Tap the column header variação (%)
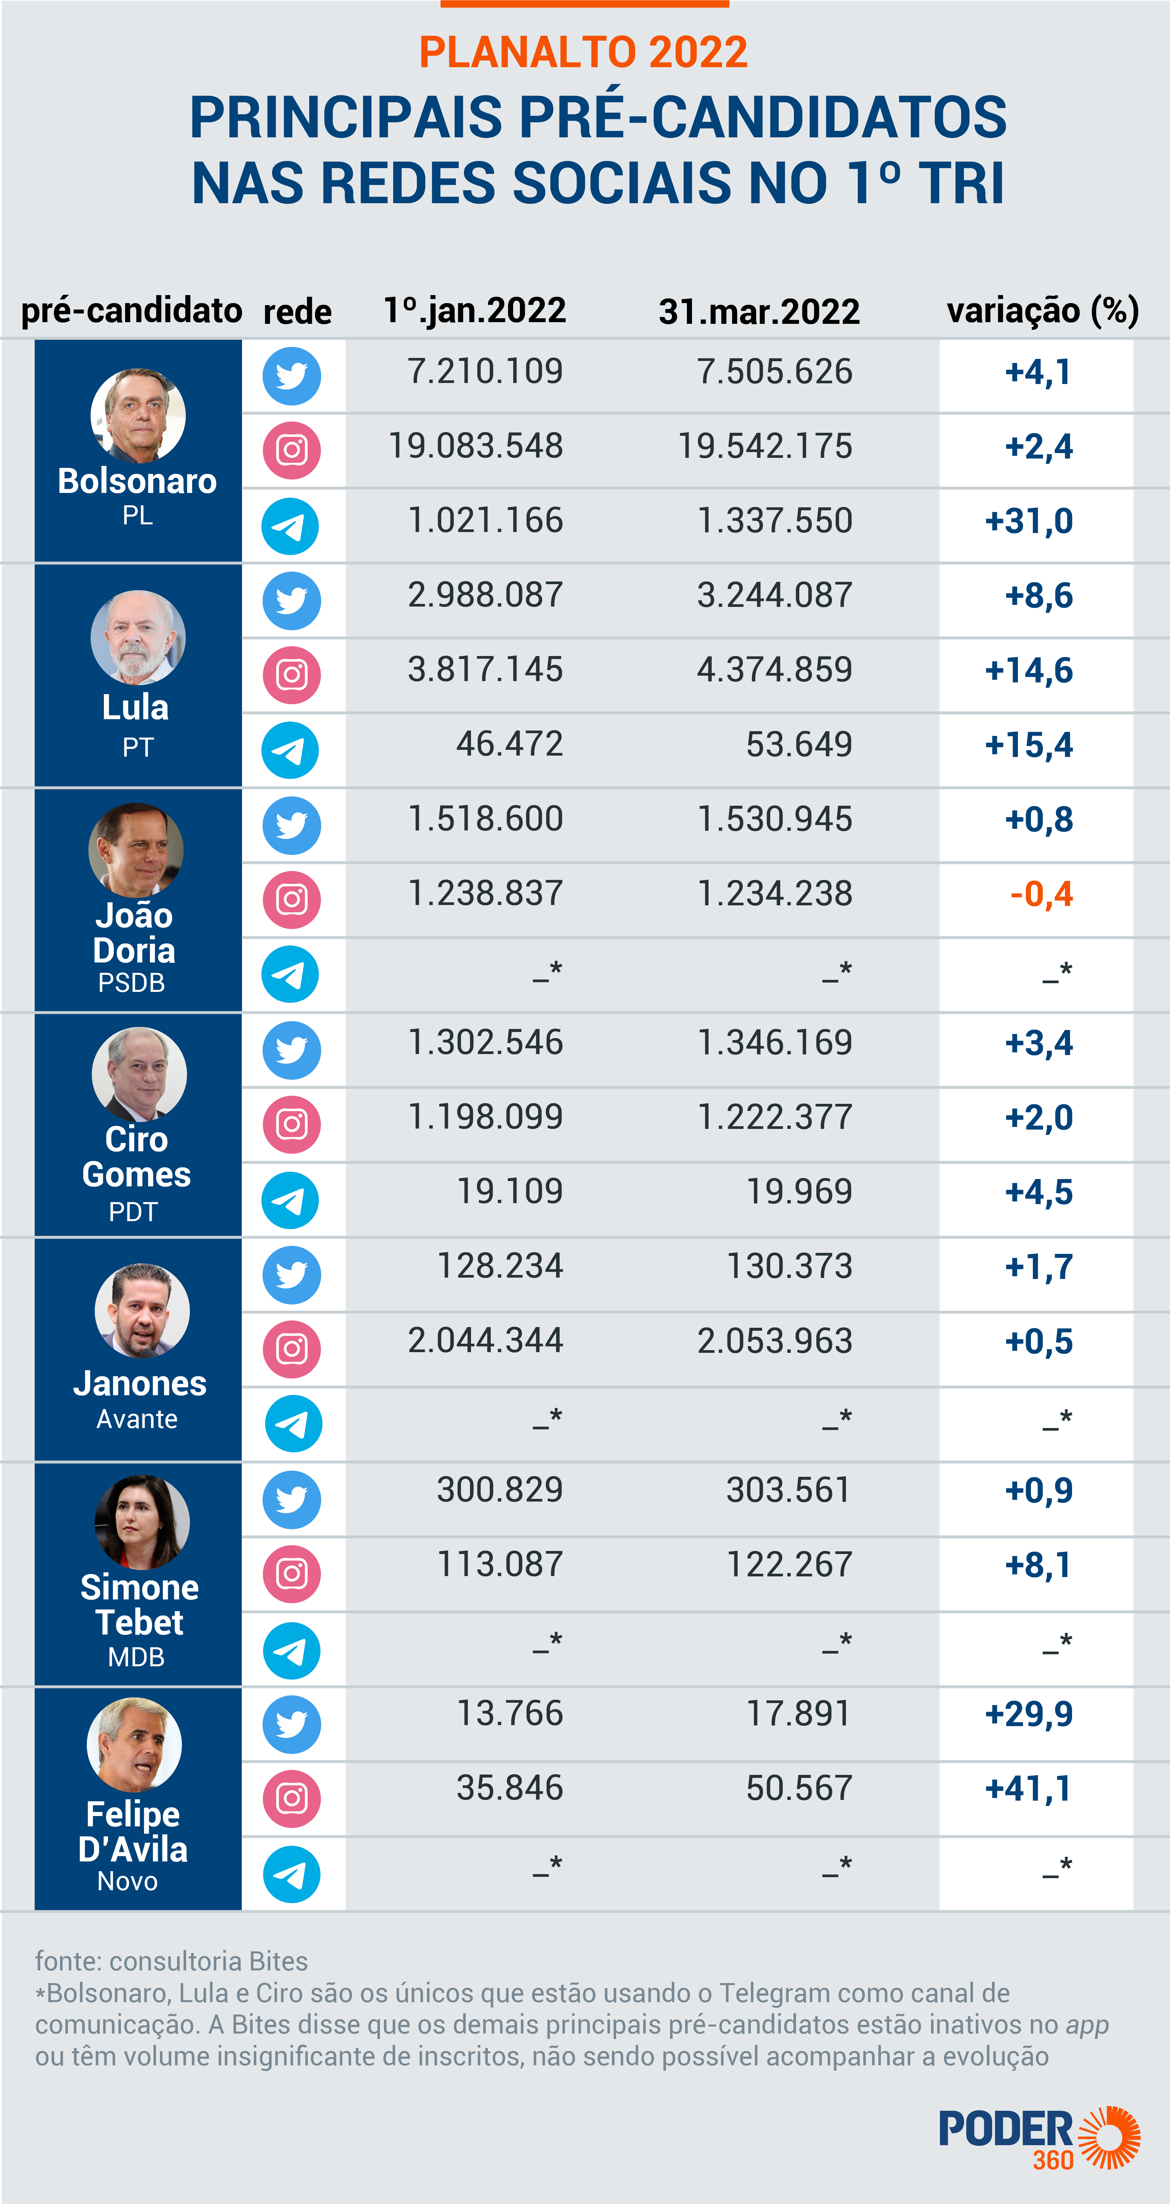point(1042,310)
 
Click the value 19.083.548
point(476,446)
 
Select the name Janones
point(139,1384)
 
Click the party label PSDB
point(131,983)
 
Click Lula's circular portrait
point(138,637)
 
